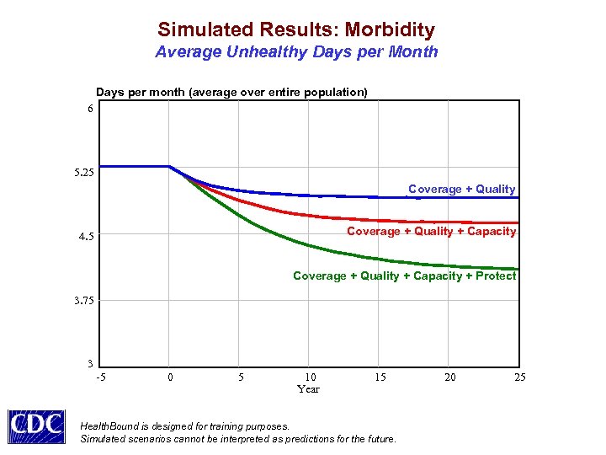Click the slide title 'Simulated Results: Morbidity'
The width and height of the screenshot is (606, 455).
(x=296, y=29)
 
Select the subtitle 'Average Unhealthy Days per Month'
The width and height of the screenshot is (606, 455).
(x=296, y=52)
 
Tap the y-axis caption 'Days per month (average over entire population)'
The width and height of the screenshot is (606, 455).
(x=231, y=92)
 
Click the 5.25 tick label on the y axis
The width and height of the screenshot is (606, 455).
(x=84, y=173)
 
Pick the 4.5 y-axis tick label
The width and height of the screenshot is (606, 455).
(x=87, y=237)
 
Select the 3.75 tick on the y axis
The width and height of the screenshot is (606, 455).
(x=84, y=301)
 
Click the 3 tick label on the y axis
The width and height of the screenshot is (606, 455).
(x=90, y=364)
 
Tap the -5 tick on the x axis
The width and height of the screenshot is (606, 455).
(x=101, y=377)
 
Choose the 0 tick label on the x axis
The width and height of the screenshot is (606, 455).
(x=170, y=377)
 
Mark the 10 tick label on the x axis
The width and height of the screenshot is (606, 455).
(x=310, y=377)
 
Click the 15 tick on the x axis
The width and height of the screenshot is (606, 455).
(x=380, y=377)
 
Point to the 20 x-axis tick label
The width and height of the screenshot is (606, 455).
(x=450, y=377)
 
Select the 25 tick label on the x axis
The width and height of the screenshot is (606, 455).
(x=520, y=377)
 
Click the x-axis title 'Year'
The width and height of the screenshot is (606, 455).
(x=308, y=389)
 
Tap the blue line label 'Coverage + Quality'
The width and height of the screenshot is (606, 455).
(x=461, y=189)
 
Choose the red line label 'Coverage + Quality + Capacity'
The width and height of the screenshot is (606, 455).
(x=431, y=231)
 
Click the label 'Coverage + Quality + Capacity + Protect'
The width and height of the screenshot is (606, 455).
(x=404, y=276)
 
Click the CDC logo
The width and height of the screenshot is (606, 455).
(x=36, y=426)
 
